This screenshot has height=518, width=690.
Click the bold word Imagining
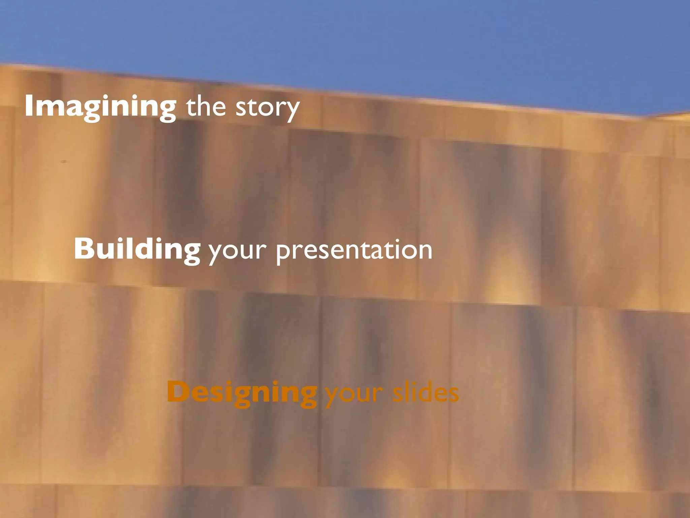100,107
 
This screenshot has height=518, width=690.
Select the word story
267,108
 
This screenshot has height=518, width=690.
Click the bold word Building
137,250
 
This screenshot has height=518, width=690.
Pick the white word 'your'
238,251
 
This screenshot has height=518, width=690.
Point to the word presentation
354,250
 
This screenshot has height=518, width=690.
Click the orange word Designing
242,393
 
